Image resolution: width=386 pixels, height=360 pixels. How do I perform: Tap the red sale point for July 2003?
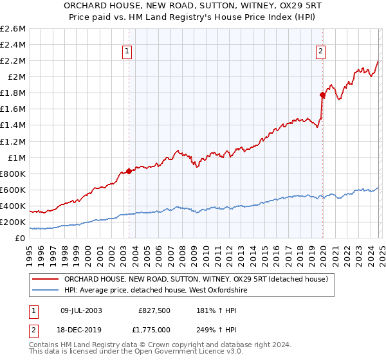[129, 171]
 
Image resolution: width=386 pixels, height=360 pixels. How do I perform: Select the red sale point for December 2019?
[322, 94]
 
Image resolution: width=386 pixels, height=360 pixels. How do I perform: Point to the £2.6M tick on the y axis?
[13, 29]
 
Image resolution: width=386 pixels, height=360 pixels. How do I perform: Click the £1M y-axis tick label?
[15, 158]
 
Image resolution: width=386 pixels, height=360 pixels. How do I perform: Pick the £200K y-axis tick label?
[12, 222]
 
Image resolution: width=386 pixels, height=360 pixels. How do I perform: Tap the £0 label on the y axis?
[21, 239]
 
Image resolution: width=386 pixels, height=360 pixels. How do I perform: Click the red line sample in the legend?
[46, 279]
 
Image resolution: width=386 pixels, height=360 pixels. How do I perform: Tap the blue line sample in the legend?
[46, 291]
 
